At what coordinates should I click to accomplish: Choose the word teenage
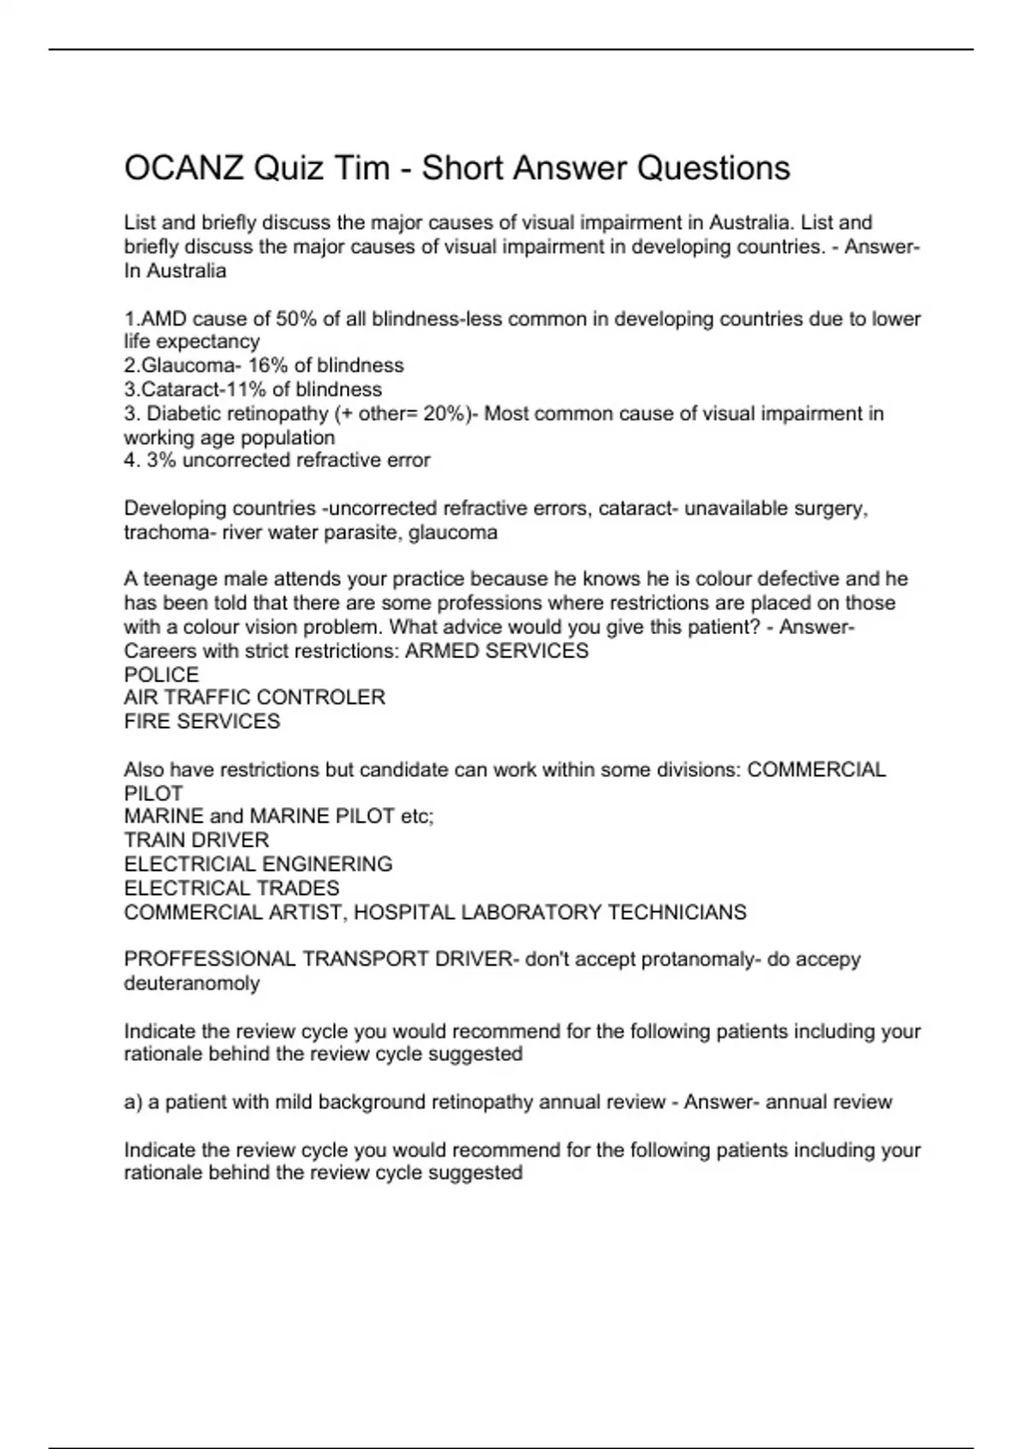point(180,579)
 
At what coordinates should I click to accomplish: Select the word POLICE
point(162,675)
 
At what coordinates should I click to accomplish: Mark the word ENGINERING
point(327,863)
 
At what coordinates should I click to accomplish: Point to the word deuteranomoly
point(192,983)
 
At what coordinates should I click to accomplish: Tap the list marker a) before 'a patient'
point(133,1102)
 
